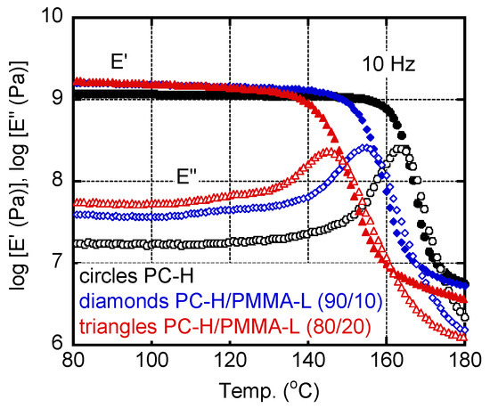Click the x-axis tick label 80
[75, 363]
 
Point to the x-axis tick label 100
[152, 363]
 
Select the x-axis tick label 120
[231, 363]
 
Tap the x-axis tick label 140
[308, 363]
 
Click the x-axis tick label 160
[387, 363]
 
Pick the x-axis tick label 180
[463, 363]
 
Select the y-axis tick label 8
[58, 181]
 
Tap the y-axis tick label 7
[58, 263]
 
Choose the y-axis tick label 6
[58, 344]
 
